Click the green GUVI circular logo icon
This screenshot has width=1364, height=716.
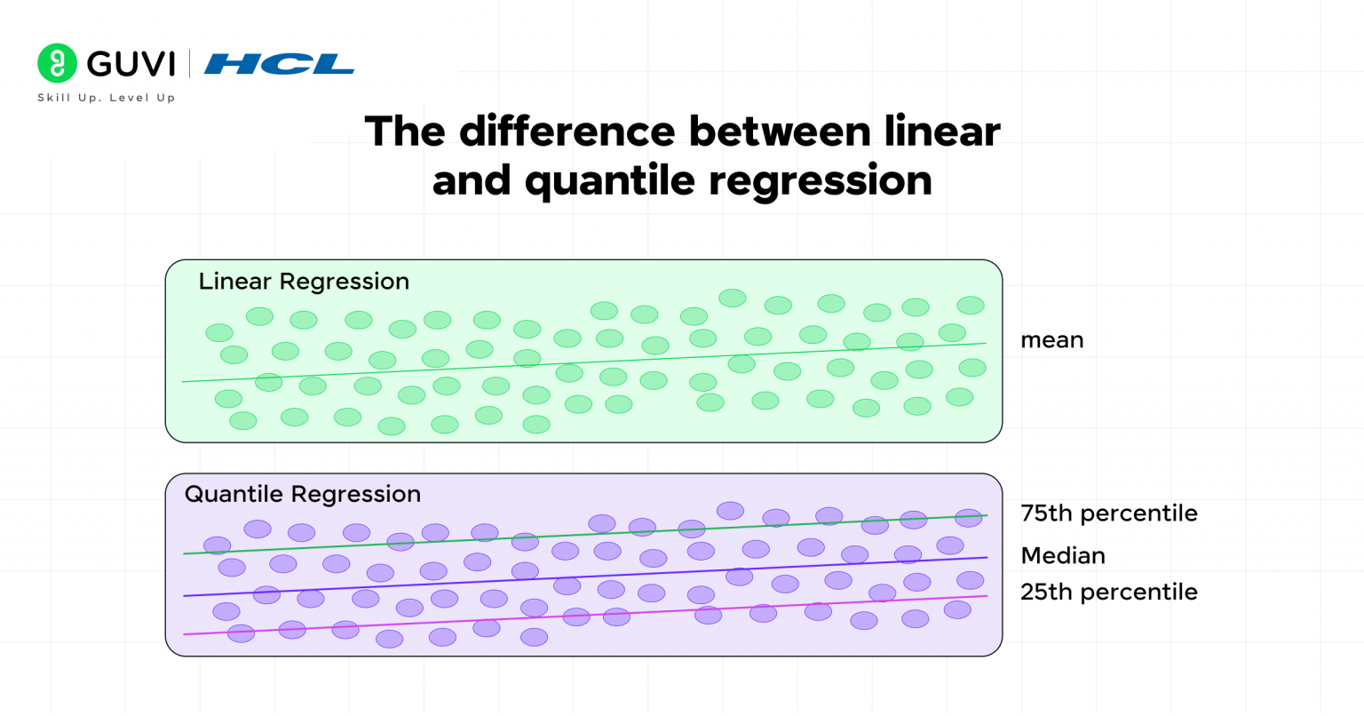pyautogui.click(x=57, y=63)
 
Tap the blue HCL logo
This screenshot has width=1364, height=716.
pyautogui.click(x=279, y=64)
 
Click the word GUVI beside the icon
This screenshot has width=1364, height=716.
pyautogui.click(x=131, y=64)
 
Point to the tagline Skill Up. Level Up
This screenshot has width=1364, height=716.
pyautogui.click(x=106, y=98)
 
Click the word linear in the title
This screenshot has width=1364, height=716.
pyautogui.click(x=942, y=131)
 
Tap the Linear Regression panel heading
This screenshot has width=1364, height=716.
pyautogui.click(x=304, y=282)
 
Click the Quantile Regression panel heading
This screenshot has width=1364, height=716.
pyautogui.click(x=302, y=494)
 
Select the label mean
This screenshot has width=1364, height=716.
pyautogui.click(x=1051, y=340)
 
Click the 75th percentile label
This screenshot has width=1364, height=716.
pyautogui.click(x=1108, y=513)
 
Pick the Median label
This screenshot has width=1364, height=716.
pyautogui.click(x=1062, y=556)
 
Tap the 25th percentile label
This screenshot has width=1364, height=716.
pyautogui.click(x=1108, y=592)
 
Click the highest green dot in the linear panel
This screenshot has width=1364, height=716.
pyautogui.click(x=733, y=298)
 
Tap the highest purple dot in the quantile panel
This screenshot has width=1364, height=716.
pyautogui.click(x=730, y=510)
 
